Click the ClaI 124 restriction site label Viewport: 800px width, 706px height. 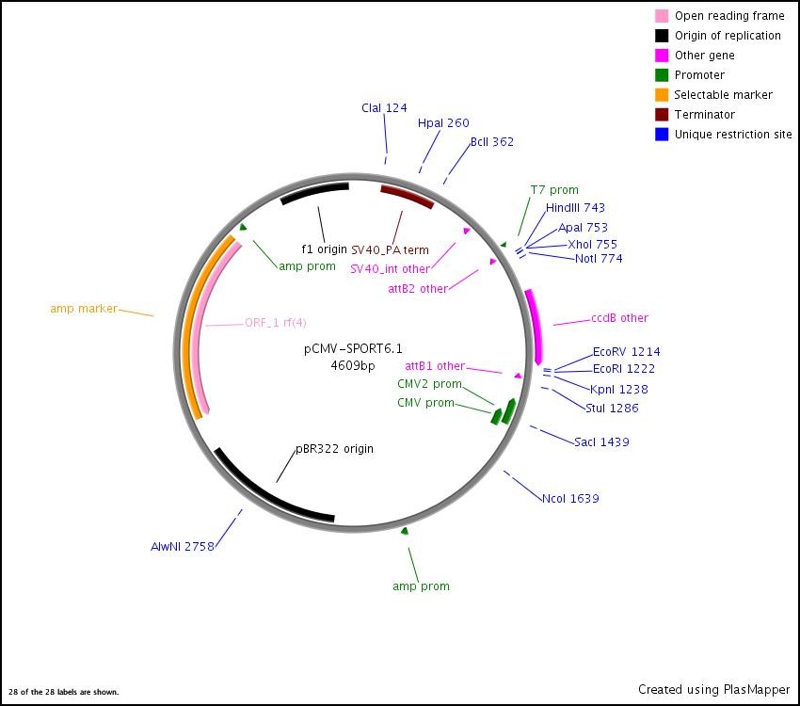tap(384, 108)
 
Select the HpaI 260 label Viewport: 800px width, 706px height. tap(443, 123)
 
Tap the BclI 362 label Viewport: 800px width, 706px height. tap(491, 142)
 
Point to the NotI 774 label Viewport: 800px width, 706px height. tap(599, 259)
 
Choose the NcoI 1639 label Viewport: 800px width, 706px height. tap(570, 499)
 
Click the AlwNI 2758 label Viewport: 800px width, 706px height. tap(183, 547)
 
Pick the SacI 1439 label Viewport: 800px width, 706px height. tap(601, 442)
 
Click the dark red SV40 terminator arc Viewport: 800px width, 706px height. tap(407, 195)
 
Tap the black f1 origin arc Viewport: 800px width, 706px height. tap(314, 191)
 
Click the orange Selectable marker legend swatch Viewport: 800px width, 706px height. tap(663, 95)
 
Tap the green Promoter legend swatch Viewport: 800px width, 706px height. tap(663, 75)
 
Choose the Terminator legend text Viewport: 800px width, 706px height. tap(705, 115)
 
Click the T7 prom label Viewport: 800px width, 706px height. tap(554, 190)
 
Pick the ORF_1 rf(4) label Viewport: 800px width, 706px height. tap(276, 323)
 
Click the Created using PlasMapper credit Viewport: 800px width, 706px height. tap(713, 690)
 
